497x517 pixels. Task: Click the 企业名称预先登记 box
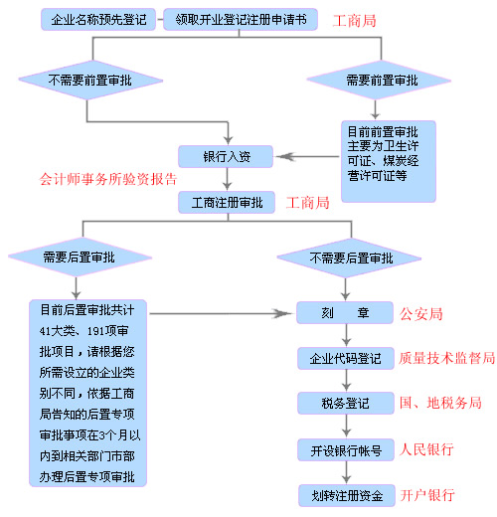(x=98, y=20)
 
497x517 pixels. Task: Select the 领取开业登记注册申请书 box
(x=241, y=20)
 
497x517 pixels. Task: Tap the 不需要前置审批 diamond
(x=90, y=81)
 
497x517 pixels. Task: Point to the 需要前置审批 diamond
(x=379, y=81)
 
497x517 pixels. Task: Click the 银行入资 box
(x=226, y=156)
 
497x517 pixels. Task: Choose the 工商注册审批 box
(x=227, y=202)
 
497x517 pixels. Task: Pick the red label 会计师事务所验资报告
(x=108, y=179)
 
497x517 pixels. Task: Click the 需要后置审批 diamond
(x=81, y=258)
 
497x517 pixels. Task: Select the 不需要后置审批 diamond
(x=349, y=258)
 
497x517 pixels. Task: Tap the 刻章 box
(x=345, y=312)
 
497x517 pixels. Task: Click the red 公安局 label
(x=421, y=313)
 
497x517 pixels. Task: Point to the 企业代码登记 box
(x=346, y=358)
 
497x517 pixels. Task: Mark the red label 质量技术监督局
(x=446, y=358)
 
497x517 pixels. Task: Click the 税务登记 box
(x=346, y=403)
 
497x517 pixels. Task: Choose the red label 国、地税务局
(x=440, y=403)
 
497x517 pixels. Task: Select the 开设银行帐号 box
(x=346, y=450)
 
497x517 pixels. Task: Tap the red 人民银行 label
(x=426, y=449)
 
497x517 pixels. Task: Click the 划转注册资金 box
(x=347, y=495)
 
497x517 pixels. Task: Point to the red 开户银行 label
(x=427, y=495)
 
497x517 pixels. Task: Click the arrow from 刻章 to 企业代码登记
(x=346, y=335)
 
